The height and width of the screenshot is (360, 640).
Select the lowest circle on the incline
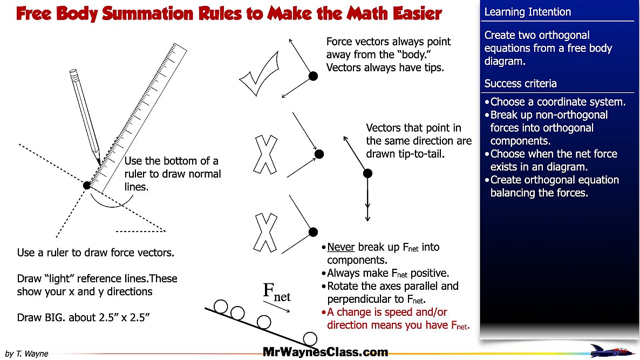click(x=310, y=339)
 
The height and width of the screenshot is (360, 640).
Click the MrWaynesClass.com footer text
click(x=325, y=352)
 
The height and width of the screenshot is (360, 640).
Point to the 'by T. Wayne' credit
click(x=26, y=354)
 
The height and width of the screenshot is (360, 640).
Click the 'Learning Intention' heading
click(x=527, y=12)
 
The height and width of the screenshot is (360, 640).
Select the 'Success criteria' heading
click(x=520, y=84)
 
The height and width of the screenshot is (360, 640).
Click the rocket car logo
click(x=611, y=350)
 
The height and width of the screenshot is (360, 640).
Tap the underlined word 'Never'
click(x=341, y=247)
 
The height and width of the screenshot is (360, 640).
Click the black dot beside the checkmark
click(x=313, y=76)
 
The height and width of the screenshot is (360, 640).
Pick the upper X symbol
click(x=265, y=155)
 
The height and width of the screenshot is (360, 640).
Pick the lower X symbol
click(x=265, y=233)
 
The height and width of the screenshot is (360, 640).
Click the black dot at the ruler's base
click(x=87, y=185)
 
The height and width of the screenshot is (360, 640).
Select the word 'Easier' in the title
click(x=410, y=13)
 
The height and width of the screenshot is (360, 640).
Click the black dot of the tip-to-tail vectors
click(x=367, y=173)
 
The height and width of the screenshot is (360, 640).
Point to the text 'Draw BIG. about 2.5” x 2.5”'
click(x=83, y=317)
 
